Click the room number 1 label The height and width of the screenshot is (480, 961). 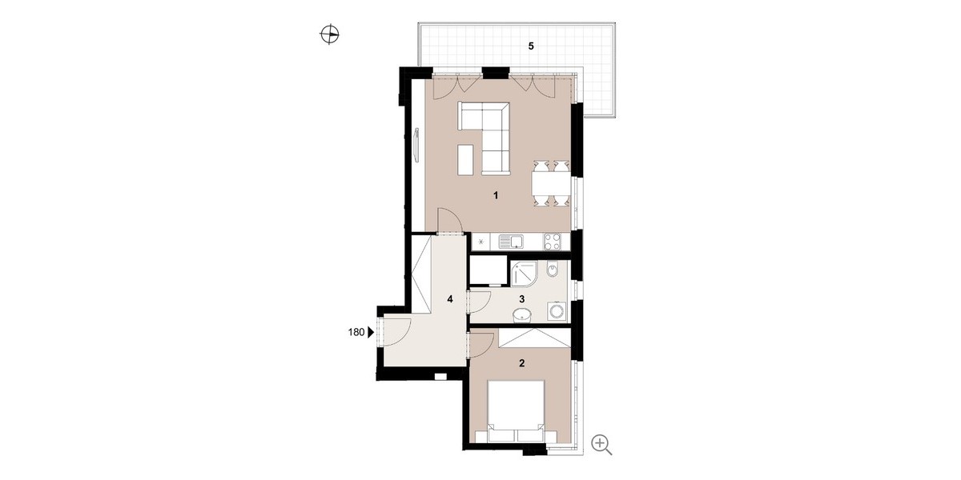pos(496,196)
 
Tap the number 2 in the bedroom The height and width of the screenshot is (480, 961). pos(521,363)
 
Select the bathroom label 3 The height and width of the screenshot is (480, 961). pos(521,298)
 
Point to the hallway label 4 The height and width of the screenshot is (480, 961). pos(450,298)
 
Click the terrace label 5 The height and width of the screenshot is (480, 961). pos(531,46)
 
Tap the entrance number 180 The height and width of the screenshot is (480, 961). pos(356,332)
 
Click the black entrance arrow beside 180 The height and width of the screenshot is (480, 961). pos(371,332)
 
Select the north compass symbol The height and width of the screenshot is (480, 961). pos(329,34)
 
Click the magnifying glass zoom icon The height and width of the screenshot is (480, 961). pos(601,445)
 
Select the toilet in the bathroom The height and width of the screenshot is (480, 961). pos(553,270)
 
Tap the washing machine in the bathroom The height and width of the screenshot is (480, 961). pos(557,311)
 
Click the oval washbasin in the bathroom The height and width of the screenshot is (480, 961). pos(521,316)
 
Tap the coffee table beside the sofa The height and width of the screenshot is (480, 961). pos(465,159)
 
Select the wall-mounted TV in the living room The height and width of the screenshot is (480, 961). pos(116,145)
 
